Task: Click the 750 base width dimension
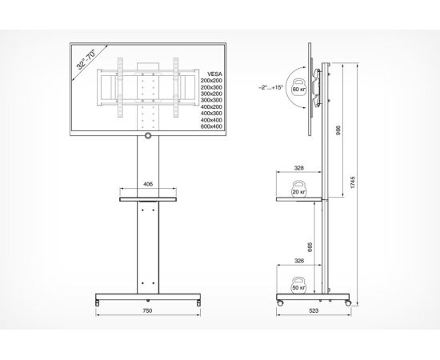(x=148, y=310)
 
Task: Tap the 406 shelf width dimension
(x=148, y=184)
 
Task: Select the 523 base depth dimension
(x=314, y=310)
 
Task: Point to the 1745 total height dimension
(x=353, y=182)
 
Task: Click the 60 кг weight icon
(x=299, y=87)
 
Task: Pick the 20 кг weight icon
(x=299, y=189)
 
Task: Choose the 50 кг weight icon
(x=299, y=286)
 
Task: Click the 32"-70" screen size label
(x=86, y=59)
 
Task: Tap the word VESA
(x=214, y=74)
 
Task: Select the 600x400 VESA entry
(x=211, y=126)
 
